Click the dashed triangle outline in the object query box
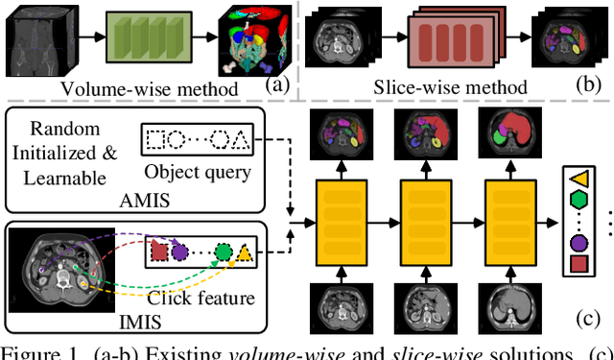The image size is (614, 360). pos(244,139)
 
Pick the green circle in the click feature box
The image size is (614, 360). pos(224,254)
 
